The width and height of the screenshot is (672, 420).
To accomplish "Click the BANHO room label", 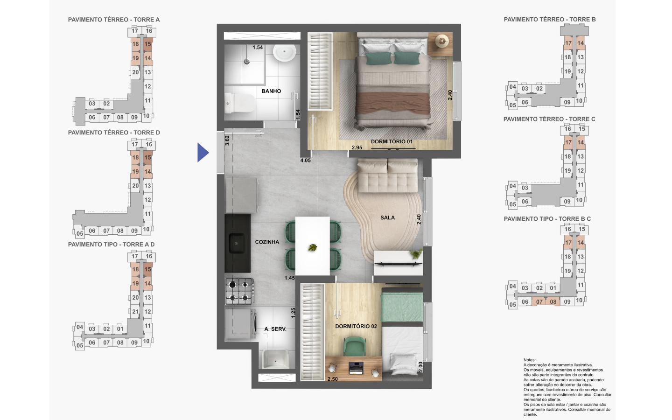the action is [271, 91].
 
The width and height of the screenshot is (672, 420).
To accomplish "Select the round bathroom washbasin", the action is [284, 52].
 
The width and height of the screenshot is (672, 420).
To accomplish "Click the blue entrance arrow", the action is [203, 153].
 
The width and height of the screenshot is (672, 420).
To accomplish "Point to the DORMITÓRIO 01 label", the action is [392, 141].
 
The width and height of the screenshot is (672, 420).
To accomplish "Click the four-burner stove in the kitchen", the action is [240, 291].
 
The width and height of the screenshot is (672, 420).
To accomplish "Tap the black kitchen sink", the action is [238, 243].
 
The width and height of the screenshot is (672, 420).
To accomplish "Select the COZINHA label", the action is [267, 242].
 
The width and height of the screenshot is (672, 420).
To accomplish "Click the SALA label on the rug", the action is [388, 218].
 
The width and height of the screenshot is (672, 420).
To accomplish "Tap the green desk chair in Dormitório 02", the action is [355, 346].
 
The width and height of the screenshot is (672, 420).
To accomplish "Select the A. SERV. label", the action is [275, 329].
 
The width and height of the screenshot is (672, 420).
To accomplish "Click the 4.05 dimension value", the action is [305, 161].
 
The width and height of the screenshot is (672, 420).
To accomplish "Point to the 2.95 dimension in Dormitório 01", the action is [357, 147].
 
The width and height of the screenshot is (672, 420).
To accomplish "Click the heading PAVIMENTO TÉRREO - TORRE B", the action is [550, 20].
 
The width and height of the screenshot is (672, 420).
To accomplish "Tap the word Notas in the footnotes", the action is [530, 360].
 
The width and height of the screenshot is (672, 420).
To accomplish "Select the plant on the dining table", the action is [313, 247].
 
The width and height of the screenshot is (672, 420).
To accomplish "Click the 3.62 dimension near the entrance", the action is [227, 141].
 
